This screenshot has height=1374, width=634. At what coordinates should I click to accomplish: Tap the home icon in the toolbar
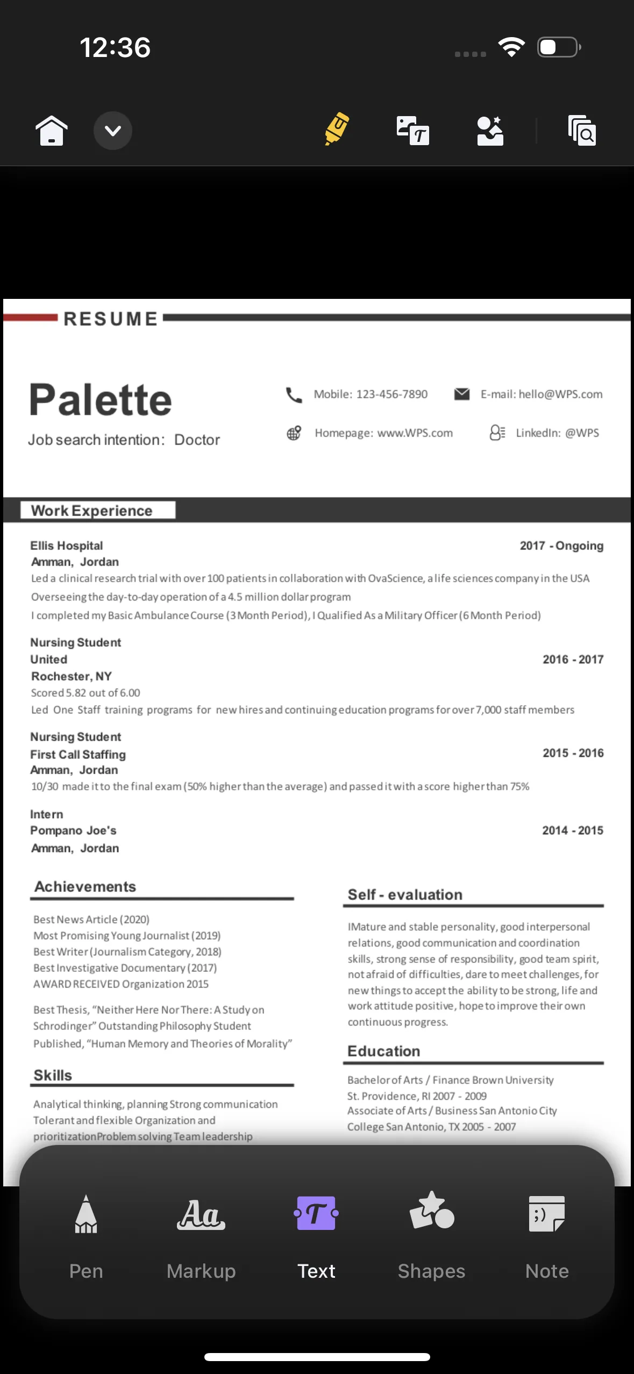click(52, 131)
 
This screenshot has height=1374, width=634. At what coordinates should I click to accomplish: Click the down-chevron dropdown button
click(113, 131)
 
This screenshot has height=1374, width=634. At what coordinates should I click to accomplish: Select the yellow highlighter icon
click(337, 129)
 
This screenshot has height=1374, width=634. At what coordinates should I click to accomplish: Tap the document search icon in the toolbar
click(582, 131)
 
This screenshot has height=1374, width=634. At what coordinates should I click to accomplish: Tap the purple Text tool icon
click(316, 1213)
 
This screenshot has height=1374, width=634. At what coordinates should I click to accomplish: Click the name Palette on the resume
click(101, 400)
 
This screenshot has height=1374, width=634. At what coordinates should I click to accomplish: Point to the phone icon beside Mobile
click(294, 395)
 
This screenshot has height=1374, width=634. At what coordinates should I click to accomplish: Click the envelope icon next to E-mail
click(462, 394)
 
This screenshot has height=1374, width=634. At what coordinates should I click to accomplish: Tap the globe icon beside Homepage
click(294, 433)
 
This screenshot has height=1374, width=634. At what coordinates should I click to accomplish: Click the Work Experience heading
click(92, 511)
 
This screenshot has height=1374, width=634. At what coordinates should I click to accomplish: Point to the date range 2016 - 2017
click(573, 660)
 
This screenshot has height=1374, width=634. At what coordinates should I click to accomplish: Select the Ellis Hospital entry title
click(67, 546)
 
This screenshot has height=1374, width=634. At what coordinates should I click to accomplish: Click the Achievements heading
click(86, 886)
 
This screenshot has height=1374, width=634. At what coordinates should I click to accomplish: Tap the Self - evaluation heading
click(405, 894)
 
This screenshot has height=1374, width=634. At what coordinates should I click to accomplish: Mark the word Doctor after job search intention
click(197, 440)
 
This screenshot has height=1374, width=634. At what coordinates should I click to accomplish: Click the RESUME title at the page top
click(111, 319)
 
